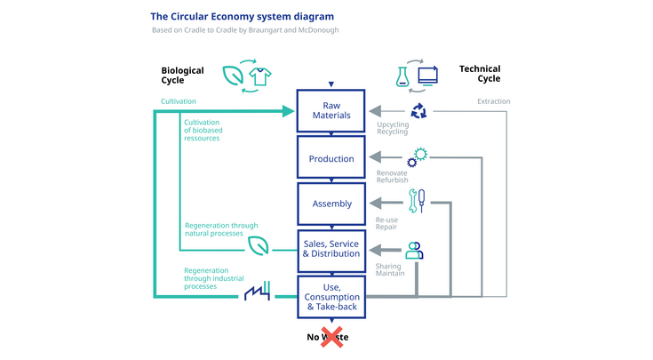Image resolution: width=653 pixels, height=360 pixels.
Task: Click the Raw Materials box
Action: (330, 110)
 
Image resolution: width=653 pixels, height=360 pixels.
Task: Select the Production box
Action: (330, 158)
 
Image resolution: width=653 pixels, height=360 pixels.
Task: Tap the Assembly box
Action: (330, 204)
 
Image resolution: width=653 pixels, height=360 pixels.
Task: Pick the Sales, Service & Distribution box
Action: (330, 250)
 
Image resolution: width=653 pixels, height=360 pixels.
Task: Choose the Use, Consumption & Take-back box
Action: (330, 296)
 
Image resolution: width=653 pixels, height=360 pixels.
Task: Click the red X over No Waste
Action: (333, 337)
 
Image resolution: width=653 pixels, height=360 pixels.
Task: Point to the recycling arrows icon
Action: (417, 111)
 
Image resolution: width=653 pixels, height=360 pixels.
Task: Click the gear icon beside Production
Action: (417, 157)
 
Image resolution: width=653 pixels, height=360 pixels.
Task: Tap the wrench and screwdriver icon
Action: (417, 201)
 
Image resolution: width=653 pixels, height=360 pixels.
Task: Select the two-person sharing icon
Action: (414, 251)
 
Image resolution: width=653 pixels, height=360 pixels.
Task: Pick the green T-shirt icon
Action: (259, 76)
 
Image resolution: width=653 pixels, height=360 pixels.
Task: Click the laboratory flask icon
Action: (402, 76)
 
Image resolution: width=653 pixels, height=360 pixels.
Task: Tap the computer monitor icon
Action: (427, 76)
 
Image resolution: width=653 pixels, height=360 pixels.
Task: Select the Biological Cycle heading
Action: (182, 76)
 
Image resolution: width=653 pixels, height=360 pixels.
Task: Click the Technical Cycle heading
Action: (480, 74)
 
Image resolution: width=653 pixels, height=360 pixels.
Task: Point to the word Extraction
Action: (493, 101)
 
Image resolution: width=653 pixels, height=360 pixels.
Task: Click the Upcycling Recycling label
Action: (393, 129)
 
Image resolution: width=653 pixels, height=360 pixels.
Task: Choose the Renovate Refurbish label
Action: (393, 176)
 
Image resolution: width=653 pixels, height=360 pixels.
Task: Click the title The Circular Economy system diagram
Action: (243, 16)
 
